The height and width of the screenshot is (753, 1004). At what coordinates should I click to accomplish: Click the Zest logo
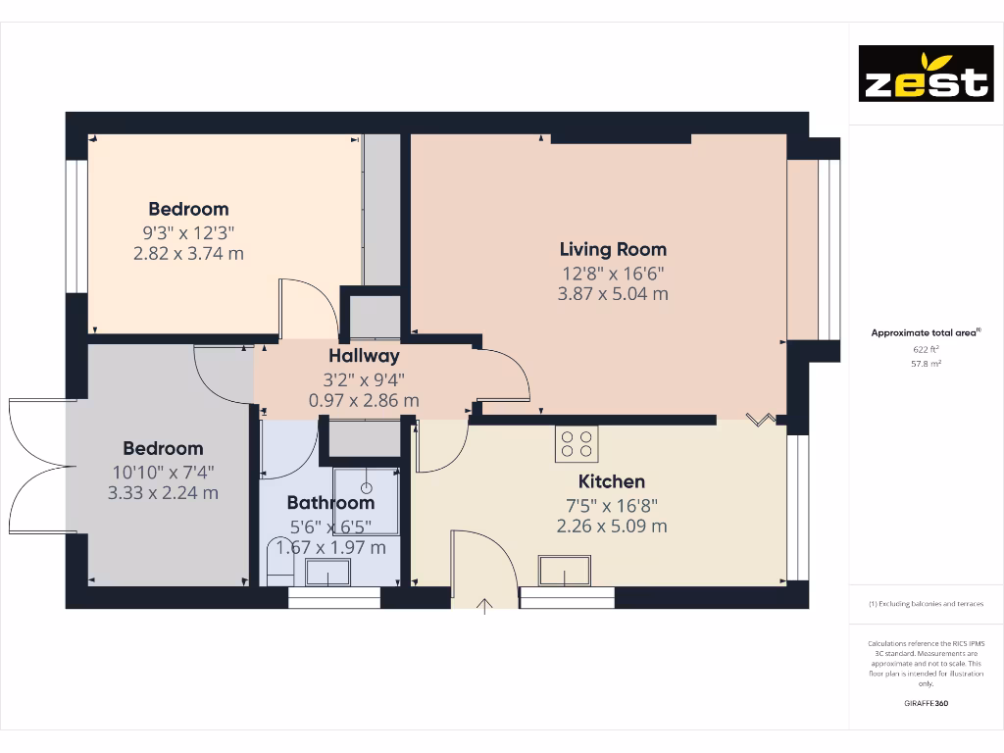point(926,74)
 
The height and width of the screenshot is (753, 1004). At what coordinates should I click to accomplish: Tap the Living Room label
point(613,249)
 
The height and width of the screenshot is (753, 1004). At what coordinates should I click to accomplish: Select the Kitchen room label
point(612,481)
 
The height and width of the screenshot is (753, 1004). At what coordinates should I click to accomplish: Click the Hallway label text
point(364,356)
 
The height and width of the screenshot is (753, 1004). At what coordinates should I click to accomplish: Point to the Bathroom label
point(330,503)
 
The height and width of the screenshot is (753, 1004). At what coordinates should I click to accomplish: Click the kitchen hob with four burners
point(577,444)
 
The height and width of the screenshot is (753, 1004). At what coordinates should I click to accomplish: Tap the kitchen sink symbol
point(564,570)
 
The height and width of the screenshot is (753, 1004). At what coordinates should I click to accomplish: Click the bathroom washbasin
point(327,572)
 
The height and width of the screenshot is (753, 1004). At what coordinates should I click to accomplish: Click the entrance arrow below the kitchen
point(483,603)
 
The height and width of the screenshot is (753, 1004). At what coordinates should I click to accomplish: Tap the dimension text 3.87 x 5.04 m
point(613,294)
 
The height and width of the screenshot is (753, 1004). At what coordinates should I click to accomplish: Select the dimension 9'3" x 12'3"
point(188,232)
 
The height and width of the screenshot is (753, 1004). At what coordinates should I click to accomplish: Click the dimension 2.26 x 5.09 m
point(612,527)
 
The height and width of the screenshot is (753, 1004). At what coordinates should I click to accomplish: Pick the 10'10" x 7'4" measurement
point(163,472)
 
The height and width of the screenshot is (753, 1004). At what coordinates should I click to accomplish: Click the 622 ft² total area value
point(926,348)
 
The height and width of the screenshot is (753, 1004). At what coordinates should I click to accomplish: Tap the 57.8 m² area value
point(926,363)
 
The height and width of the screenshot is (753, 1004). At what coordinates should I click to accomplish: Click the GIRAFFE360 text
point(926,703)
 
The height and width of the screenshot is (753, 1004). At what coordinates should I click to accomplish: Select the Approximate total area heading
point(925,333)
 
